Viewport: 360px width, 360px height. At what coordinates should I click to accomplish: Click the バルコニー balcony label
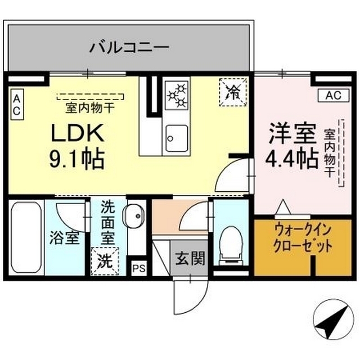[x=129, y=47]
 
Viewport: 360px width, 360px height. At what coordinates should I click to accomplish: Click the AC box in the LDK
[x=16, y=105]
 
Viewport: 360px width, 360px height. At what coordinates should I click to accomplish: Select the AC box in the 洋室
[x=333, y=96]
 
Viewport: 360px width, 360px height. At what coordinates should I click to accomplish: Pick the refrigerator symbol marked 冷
[x=232, y=91]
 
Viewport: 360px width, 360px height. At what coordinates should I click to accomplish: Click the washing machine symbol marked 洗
[x=106, y=260]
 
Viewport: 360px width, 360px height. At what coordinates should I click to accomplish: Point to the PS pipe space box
[x=138, y=268]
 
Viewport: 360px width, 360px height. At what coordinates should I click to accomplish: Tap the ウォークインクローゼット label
[x=295, y=240]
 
